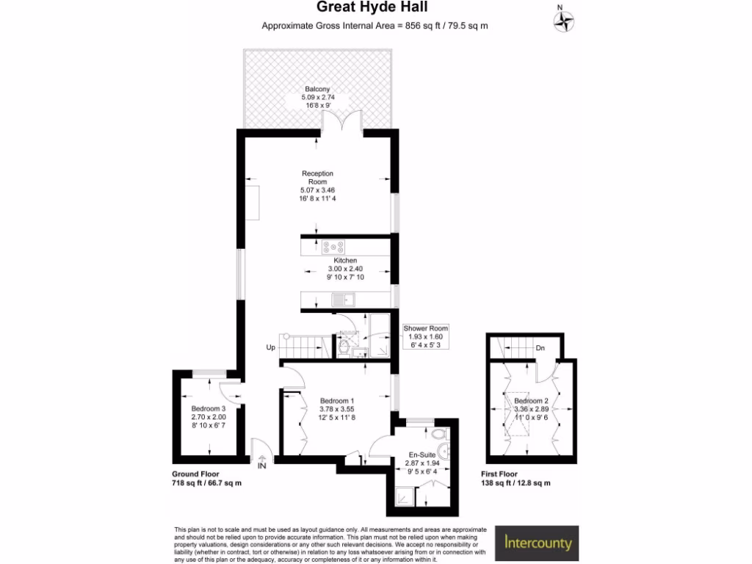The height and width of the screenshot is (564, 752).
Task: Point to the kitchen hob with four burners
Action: click(x=334, y=247)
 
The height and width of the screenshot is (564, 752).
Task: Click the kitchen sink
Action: click(x=343, y=299)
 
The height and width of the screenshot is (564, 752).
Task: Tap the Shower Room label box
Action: click(x=425, y=337)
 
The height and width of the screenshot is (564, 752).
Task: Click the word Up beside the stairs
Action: click(x=270, y=348)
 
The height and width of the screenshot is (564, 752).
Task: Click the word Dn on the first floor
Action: click(x=540, y=348)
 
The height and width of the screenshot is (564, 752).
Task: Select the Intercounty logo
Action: click(x=537, y=543)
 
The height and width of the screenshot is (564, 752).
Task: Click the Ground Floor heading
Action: click(x=195, y=474)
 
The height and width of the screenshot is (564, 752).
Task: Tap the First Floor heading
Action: click(x=499, y=474)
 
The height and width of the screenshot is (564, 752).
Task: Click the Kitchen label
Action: click(x=345, y=261)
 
